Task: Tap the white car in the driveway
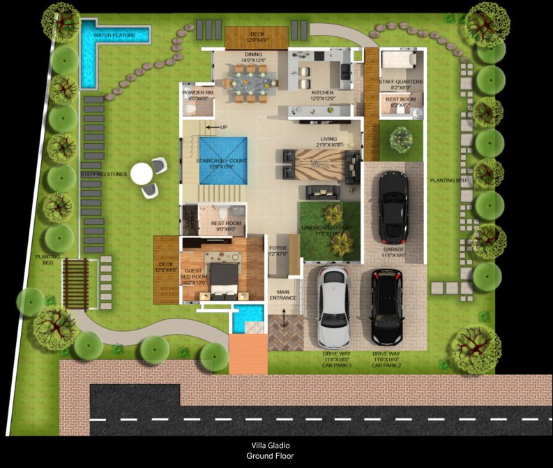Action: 333,307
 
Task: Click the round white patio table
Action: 142,173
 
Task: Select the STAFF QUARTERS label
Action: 400,83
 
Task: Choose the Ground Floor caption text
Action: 270,456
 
